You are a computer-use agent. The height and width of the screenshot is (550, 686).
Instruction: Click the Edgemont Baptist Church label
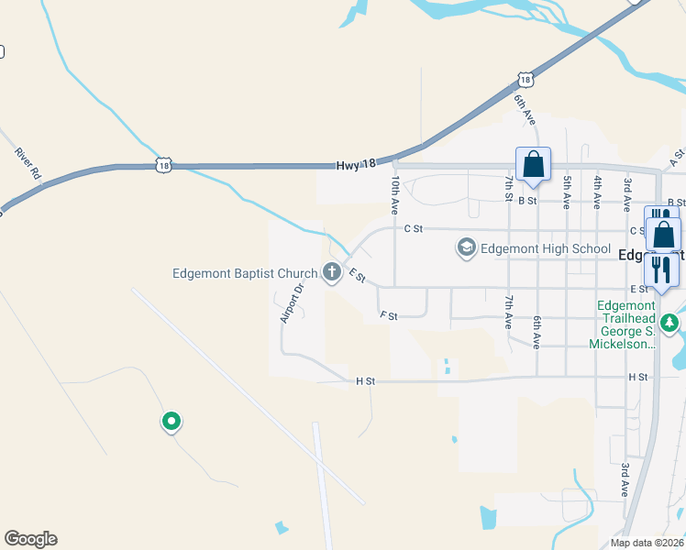pyautogui.click(x=243, y=273)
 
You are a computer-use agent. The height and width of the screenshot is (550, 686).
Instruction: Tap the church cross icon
pyautogui.click(x=331, y=272)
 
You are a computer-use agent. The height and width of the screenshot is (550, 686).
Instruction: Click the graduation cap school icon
pyautogui.click(x=467, y=247)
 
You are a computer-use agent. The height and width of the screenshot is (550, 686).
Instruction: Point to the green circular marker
pyautogui.click(x=171, y=422)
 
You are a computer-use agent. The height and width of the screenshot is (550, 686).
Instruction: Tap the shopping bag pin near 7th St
pyautogui.click(x=533, y=166)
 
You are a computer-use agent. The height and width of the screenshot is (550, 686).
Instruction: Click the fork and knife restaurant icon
pyautogui.click(x=660, y=269)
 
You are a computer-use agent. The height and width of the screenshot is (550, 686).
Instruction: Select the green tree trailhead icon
pyautogui.click(x=670, y=322)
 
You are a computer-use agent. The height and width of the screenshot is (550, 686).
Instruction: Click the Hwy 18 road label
pyautogui.click(x=356, y=164)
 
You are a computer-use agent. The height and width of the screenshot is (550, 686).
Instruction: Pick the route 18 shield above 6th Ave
pyautogui.click(x=524, y=80)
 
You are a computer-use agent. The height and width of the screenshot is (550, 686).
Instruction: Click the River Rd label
pyautogui.click(x=28, y=163)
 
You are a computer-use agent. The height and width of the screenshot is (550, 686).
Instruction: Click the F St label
pyautogui.click(x=388, y=315)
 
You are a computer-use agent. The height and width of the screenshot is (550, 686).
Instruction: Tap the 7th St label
pyautogui.click(x=508, y=185)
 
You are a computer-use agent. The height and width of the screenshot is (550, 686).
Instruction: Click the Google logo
pyautogui.click(x=30, y=539)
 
